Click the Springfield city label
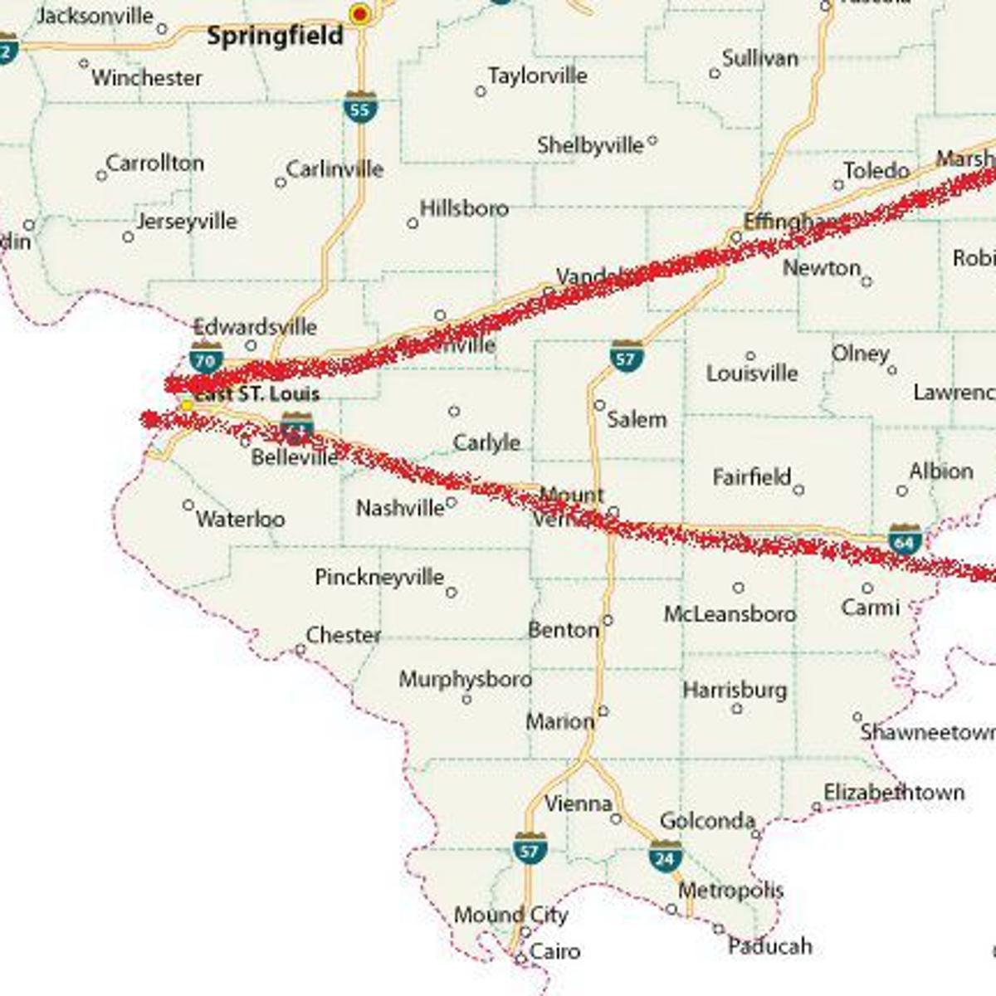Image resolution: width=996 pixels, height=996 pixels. coord(275,36)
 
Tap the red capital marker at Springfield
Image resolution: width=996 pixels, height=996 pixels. coord(360,13)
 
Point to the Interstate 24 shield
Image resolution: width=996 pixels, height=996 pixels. coord(666,857)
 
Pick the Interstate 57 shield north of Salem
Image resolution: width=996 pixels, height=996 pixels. coord(627,356)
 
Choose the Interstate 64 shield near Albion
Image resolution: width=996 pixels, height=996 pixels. coord(905,539)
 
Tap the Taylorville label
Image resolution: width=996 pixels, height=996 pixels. coord(538,76)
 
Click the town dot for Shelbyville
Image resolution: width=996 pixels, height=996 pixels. coord(652,141)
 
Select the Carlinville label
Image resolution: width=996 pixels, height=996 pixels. coord(334,169)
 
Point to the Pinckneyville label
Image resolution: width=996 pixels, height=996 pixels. coord(379,577)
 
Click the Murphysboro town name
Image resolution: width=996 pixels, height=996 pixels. coord(466,679)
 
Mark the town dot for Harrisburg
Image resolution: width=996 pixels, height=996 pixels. coord(737,709)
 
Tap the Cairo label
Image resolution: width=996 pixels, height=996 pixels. coord(554,951)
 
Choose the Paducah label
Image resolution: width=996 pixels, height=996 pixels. coord(769,946)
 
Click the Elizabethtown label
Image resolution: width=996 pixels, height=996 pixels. coord(894,793)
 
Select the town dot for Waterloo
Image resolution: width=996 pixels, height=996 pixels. coord(188,505)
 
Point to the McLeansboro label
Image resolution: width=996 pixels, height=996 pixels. coord(730,614)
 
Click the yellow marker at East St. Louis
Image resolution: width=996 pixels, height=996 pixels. coord(188,405)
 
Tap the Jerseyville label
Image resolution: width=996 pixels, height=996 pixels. coord(187,222)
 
